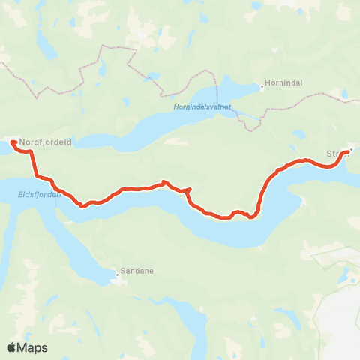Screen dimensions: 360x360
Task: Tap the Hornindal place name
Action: pos(283,84)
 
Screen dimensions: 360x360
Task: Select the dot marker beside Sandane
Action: pos(116,274)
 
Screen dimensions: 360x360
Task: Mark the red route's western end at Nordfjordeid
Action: pos(13,141)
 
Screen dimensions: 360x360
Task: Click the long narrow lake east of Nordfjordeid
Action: pos(135,139)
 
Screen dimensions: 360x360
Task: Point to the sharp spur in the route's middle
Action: pos(190,190)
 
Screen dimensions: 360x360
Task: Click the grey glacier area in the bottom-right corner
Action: pos(341,315)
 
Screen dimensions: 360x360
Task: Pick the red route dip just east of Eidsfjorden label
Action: pos(82,206)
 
